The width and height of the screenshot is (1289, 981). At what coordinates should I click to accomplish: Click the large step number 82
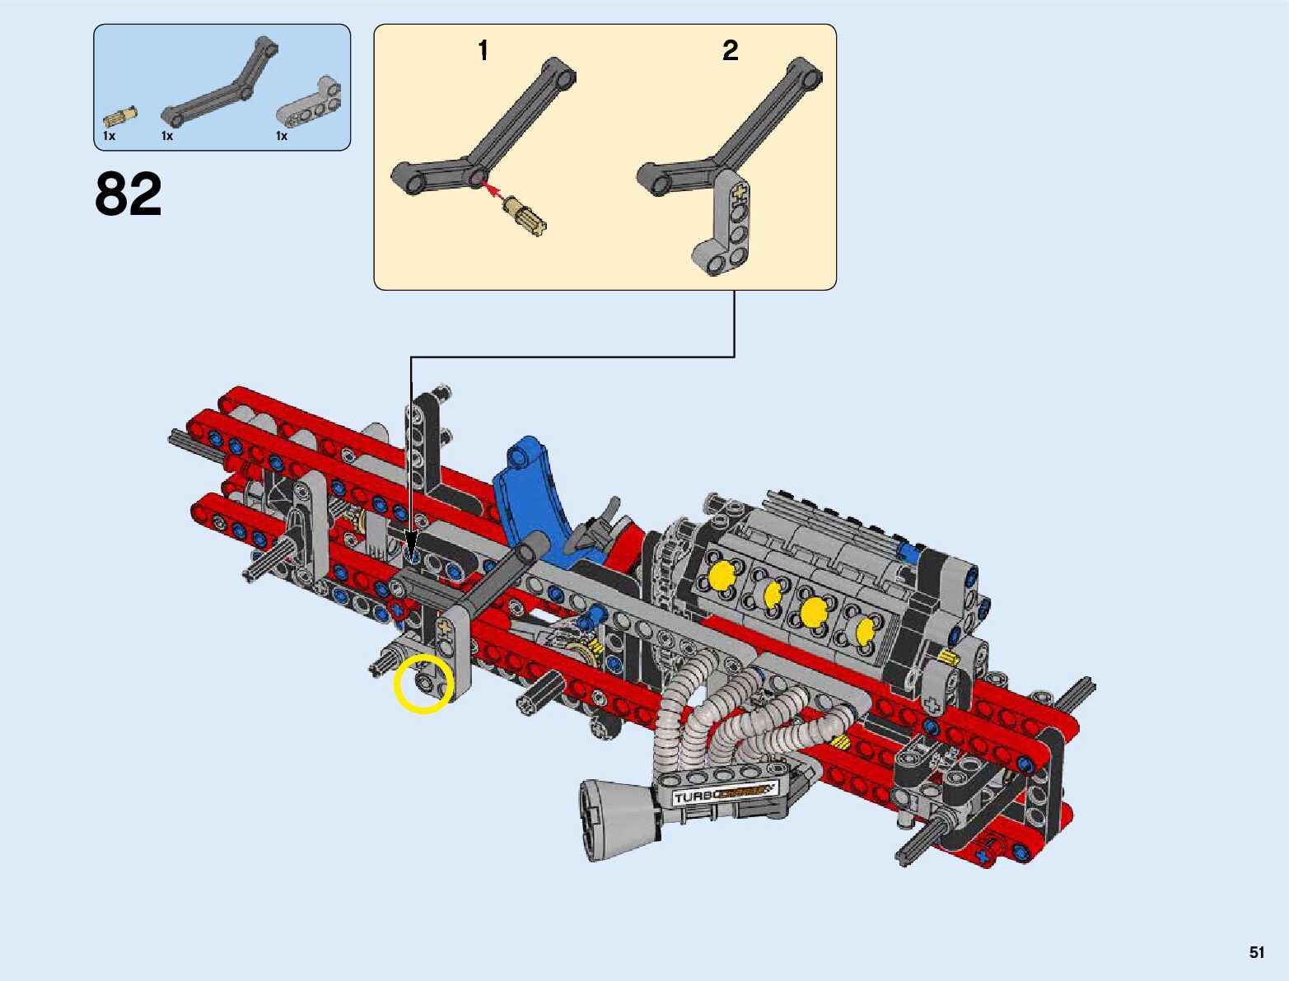(x=128, y=194)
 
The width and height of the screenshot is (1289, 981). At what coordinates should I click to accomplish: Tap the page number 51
(x=1257, y=952)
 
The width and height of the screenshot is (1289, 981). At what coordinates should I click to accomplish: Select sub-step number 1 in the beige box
(x=483, y=50)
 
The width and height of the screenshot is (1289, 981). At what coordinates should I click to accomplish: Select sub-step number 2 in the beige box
(x=730, y=50)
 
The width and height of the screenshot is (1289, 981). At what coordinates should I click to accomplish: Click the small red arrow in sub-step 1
(x=493, y=192)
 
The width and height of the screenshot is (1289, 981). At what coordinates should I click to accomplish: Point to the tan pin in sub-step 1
(x=524, y=216)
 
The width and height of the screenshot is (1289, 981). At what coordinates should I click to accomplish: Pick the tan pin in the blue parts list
(x=120, y=116)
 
